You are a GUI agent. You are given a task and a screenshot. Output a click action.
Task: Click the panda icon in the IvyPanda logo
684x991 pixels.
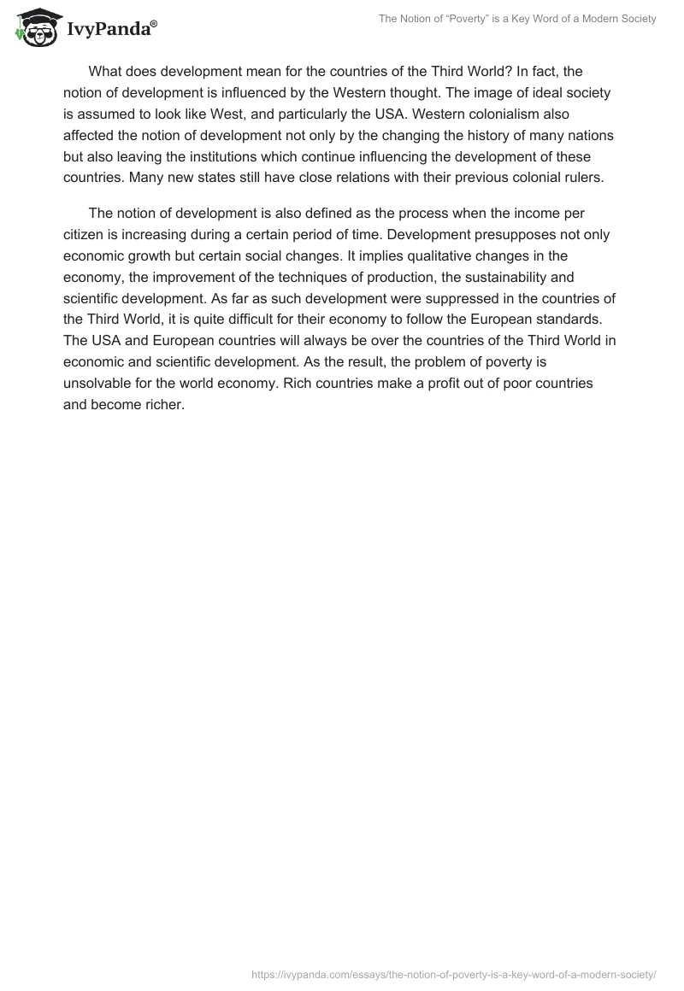(x=34, y=27)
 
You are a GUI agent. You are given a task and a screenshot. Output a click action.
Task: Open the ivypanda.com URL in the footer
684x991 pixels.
(x=454, y=973)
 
